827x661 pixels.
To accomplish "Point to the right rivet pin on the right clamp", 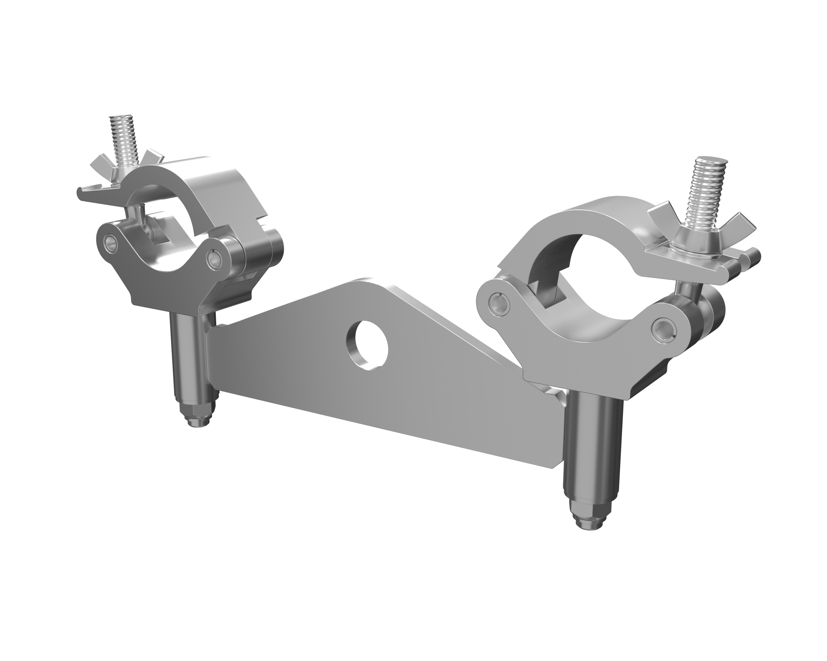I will pyautogui.click(x=663, y=326).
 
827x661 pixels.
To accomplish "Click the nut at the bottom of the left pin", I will pyautogui.click(x=196, y=416).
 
